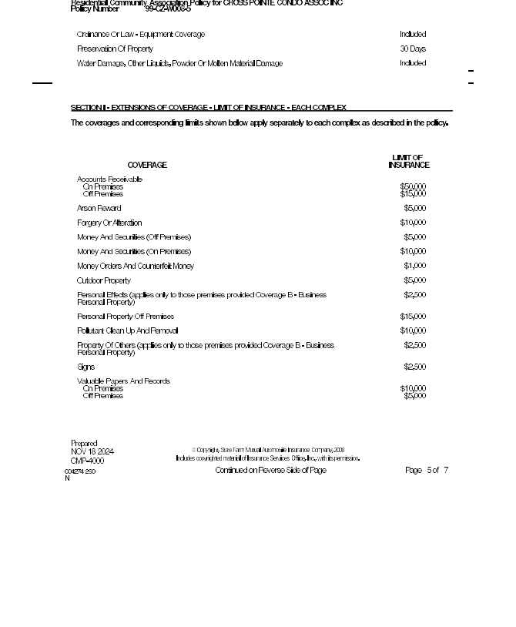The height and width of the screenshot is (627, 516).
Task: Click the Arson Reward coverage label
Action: coord(99,209)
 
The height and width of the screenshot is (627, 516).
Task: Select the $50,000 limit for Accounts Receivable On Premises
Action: coord(413,186)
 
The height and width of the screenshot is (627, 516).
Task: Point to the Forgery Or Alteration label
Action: coord(109,223)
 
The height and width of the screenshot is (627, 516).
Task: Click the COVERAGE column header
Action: coord(146,166)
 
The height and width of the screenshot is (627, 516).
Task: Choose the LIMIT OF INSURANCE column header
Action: coord(408,162)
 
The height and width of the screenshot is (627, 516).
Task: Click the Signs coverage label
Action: coord(85,367)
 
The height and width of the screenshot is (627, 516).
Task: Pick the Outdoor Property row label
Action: coord(103,281)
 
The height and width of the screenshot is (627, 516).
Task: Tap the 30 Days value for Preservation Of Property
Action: coord(413,49)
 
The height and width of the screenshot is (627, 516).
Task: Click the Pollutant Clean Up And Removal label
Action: coord(127,331)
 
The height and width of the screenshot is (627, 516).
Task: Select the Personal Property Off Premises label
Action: coord(125,317)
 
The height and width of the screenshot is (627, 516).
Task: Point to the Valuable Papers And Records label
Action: coord(123,381)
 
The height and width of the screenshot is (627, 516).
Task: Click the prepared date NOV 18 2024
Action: coord(92,452)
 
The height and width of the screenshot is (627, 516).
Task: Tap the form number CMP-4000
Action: coord(87,461)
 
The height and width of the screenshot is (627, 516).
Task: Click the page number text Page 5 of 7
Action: coord(427,471)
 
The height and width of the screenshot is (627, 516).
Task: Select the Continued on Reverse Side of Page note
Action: coord(270,471)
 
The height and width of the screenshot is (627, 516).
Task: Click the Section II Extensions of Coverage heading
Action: coord(208,108)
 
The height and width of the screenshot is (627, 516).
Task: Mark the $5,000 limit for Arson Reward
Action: coord(414,209)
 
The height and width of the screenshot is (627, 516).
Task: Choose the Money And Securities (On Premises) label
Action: coord(133,252)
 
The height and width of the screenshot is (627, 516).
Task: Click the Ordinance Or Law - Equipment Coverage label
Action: coord(140,35)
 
